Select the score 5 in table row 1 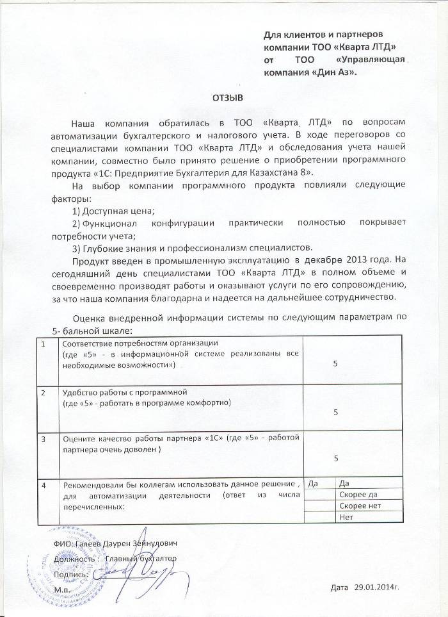coord(336,363)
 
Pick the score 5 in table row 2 coord(336,413)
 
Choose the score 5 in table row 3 coord(336,457)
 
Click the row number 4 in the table coord(44,484)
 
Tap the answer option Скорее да coord(358,494)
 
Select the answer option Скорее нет coord(359,506)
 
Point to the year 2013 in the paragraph coord(346,260)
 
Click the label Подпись coord(71,573)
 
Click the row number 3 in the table coord(44,440)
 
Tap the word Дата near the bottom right coord(340,586)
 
